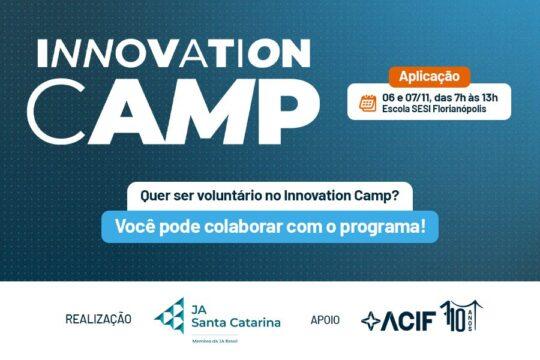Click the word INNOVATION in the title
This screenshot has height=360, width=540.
point(172,51)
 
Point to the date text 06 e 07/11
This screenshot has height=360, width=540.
point(409,97)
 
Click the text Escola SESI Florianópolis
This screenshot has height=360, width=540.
point(437,109)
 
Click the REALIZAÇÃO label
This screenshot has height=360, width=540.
point(98,320)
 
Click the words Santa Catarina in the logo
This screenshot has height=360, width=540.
point(235,322)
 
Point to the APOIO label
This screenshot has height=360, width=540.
point(325,320)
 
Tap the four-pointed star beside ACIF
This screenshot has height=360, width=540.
point(371,321)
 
